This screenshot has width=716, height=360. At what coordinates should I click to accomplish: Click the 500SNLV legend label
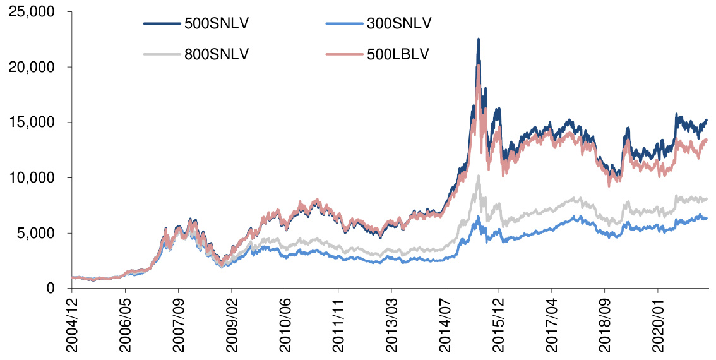(217, 24)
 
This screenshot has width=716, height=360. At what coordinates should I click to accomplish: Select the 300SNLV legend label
(399, 24)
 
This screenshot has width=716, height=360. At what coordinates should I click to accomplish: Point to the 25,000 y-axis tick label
(31, 11)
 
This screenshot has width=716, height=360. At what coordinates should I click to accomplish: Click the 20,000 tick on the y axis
(31, 67)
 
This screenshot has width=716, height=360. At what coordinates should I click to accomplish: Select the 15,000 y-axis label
(31, 122)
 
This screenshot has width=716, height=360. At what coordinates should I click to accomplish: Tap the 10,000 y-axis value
(31, 177)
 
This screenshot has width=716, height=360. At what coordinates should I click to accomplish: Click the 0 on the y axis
(50, 289)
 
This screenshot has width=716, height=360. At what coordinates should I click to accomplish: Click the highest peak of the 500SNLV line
(479, 39)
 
